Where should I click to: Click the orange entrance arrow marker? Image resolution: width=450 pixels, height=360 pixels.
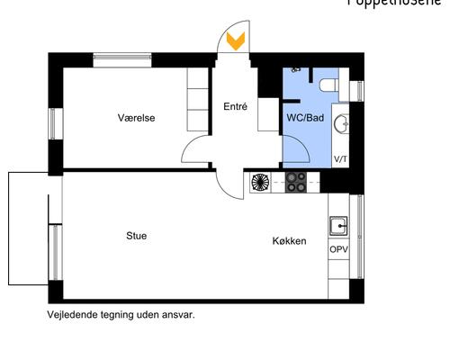236,41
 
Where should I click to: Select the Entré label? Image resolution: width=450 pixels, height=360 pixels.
235,106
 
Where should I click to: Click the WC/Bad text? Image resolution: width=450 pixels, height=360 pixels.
305,118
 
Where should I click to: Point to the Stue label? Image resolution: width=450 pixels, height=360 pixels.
136,236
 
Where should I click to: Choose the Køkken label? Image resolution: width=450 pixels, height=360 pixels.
290,241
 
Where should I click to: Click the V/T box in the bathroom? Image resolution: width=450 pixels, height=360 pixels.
341,158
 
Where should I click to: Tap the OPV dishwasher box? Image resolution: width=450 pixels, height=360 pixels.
338,249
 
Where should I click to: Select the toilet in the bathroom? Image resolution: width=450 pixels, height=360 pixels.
329,85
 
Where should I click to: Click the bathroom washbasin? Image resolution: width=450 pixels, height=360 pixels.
341,121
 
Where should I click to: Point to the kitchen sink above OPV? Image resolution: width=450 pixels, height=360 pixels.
338,225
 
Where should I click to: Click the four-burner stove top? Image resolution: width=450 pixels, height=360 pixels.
298,182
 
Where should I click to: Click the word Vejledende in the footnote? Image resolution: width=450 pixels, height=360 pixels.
72,316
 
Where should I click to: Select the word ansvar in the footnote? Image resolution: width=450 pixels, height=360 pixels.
178,316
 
